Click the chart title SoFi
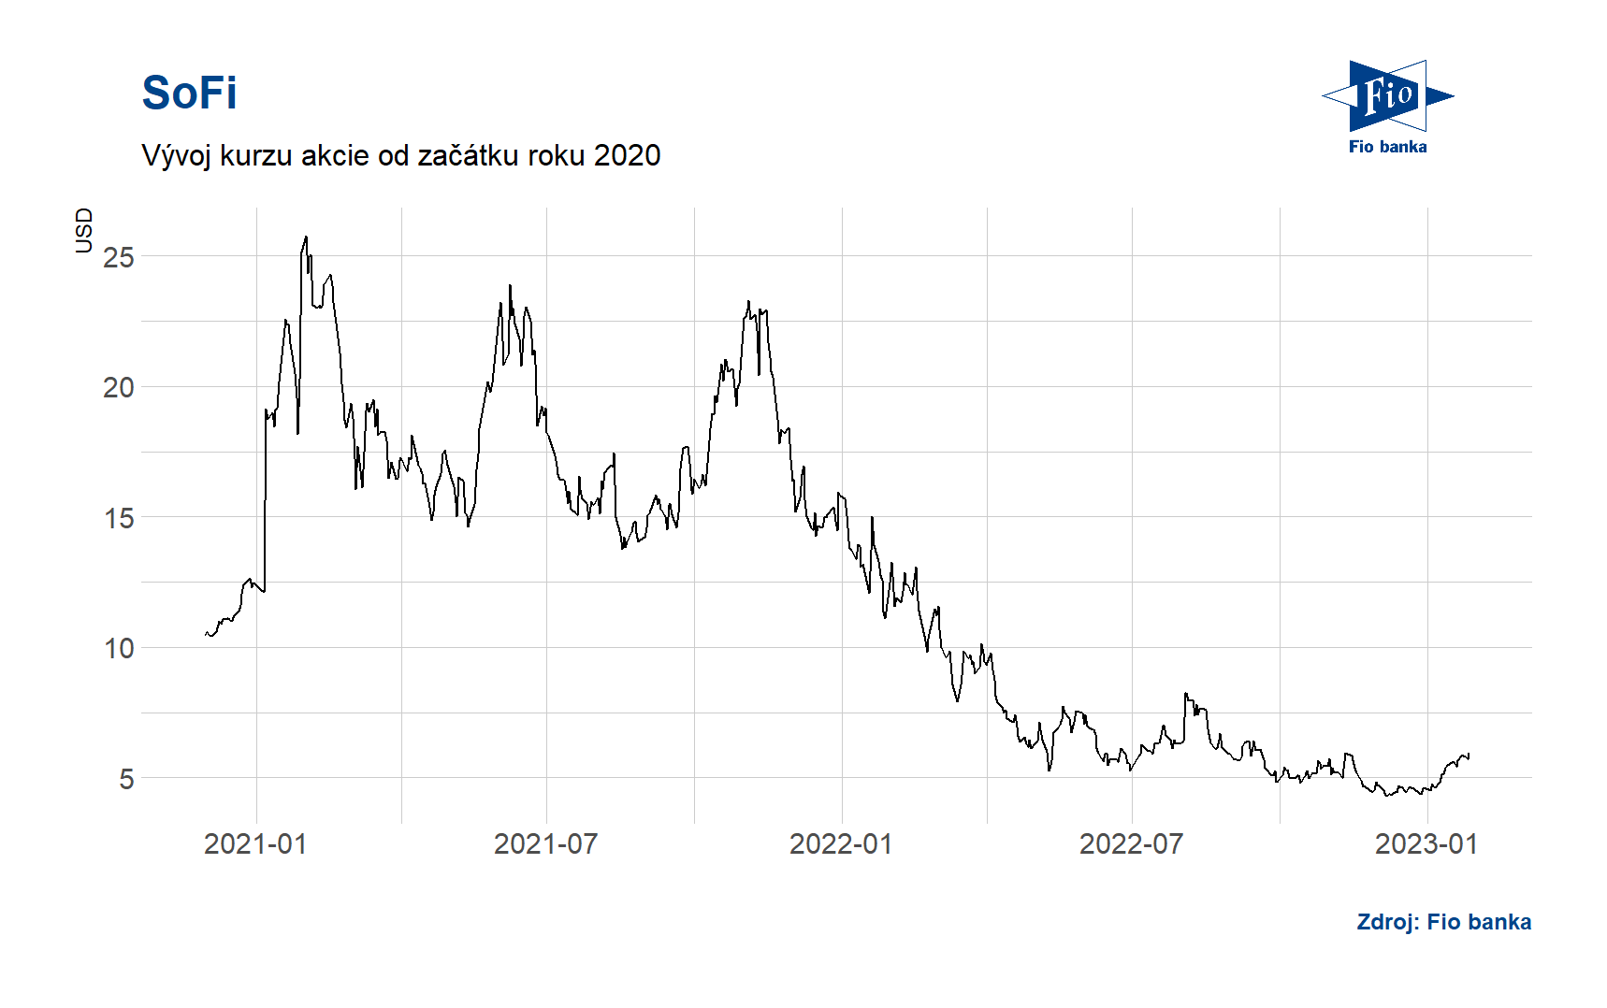point(189,94)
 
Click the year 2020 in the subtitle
point(627,155)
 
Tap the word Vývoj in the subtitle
point(177,155)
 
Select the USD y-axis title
point(84,230)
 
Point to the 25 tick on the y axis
point(119,257)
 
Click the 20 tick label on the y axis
point(119,387)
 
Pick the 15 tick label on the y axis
point(119,518)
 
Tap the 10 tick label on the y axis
point(119,648)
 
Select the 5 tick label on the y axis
point(126,779)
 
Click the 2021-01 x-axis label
point(255,844)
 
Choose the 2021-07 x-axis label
point(545,844)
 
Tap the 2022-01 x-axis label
point(841,844)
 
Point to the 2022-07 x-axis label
point(1131,844)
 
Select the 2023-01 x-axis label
point(1426,844)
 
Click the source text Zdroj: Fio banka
point(1443,922)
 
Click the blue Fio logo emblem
point(1388,95)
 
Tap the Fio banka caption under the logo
point(1387,147)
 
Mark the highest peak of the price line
point(306,238)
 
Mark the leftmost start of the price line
point(206,634)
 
